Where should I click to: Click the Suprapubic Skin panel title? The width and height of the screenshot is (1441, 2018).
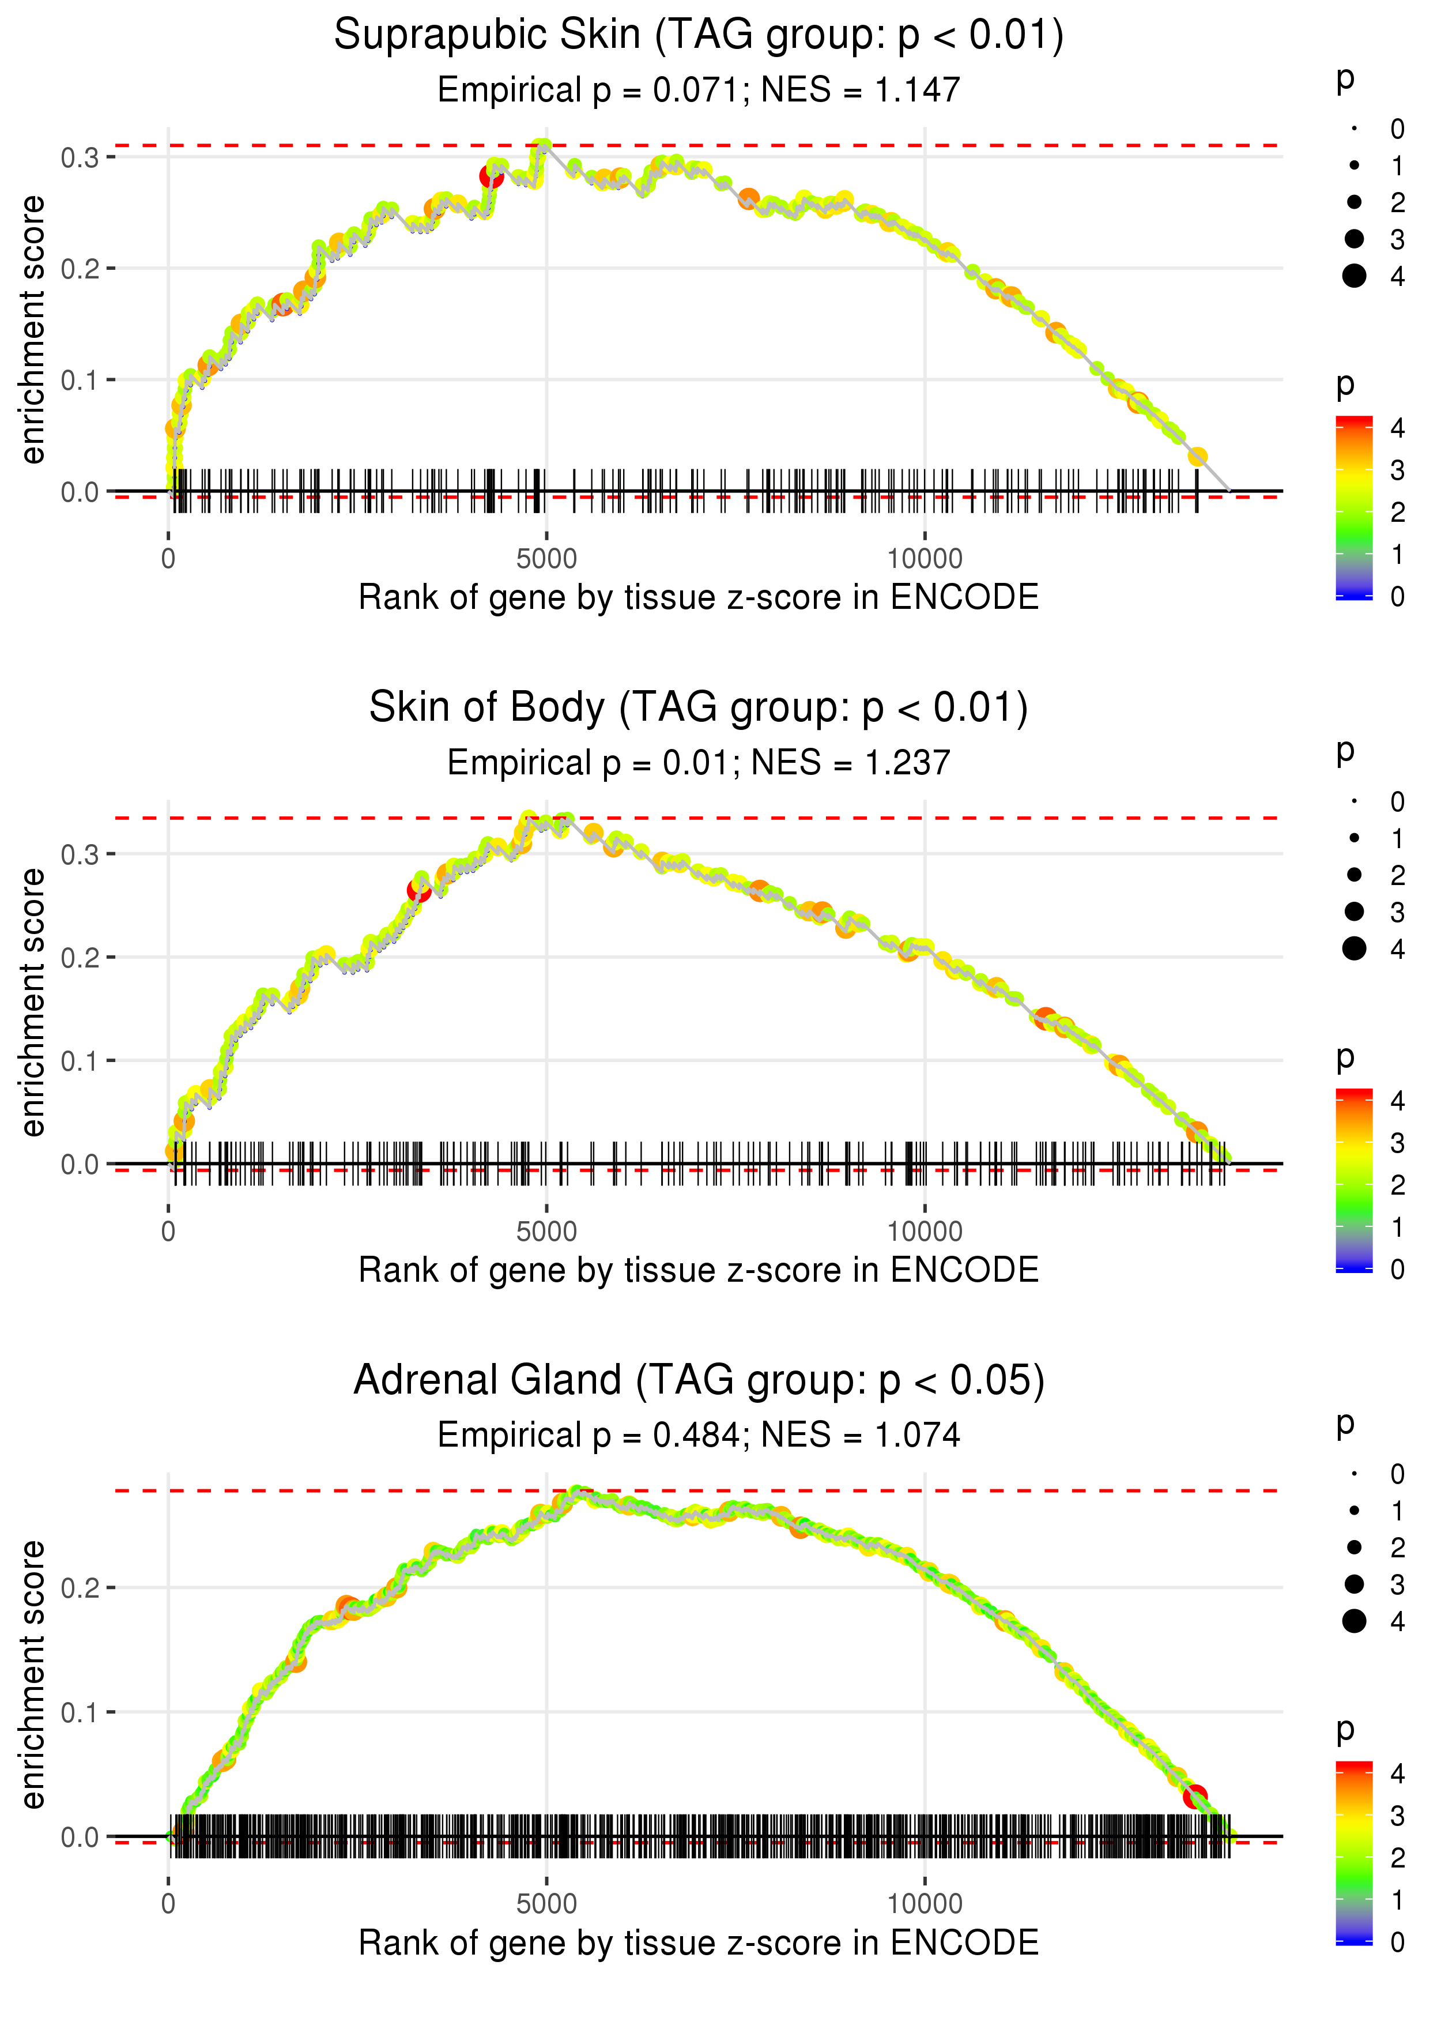[699, 36]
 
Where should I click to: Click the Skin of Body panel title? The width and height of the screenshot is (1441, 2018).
[699, 707]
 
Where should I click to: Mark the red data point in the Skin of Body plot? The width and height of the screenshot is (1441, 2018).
[419, 890]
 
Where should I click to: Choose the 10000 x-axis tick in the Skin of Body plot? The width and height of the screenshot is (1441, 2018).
[925, 1231]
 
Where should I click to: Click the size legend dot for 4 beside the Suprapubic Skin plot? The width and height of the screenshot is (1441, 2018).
[1354, 276]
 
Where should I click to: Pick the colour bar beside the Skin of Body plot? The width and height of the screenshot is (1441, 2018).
[1354, 1180]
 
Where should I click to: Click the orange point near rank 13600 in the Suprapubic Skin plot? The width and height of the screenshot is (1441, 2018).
[1197, 456]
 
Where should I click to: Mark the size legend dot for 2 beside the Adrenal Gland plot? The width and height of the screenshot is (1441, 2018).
[1354, 1547]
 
